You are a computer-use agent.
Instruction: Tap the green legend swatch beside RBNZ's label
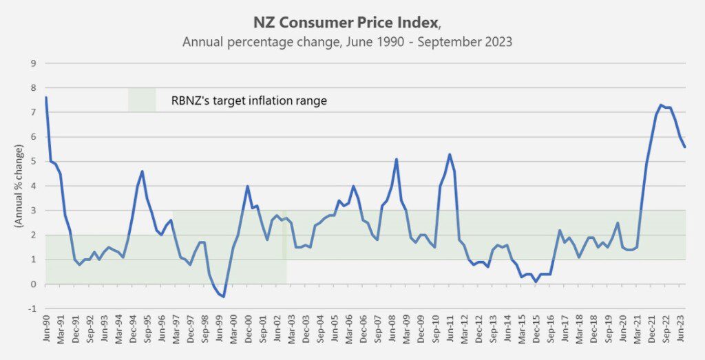pyautogui.click(x=142, y=100)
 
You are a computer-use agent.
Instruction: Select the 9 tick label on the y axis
pyautogui.click(x=32, y=63)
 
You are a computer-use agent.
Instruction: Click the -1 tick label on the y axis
pyautogui.click(x=31, y=308)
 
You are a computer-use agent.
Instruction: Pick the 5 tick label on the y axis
pyautogui.click(x=32, y=162)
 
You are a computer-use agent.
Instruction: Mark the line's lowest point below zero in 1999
pyautogui.click(x=224, y=297)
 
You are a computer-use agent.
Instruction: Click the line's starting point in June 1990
pyautogui.click(x=46, y=98)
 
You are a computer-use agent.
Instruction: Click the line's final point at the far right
pyautogui.click(x=685, y=147)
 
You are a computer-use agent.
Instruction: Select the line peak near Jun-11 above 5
pyautogui.click(x=450, y=154)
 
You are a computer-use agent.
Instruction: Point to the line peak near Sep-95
pyautogui.click(x=142, y=171)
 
